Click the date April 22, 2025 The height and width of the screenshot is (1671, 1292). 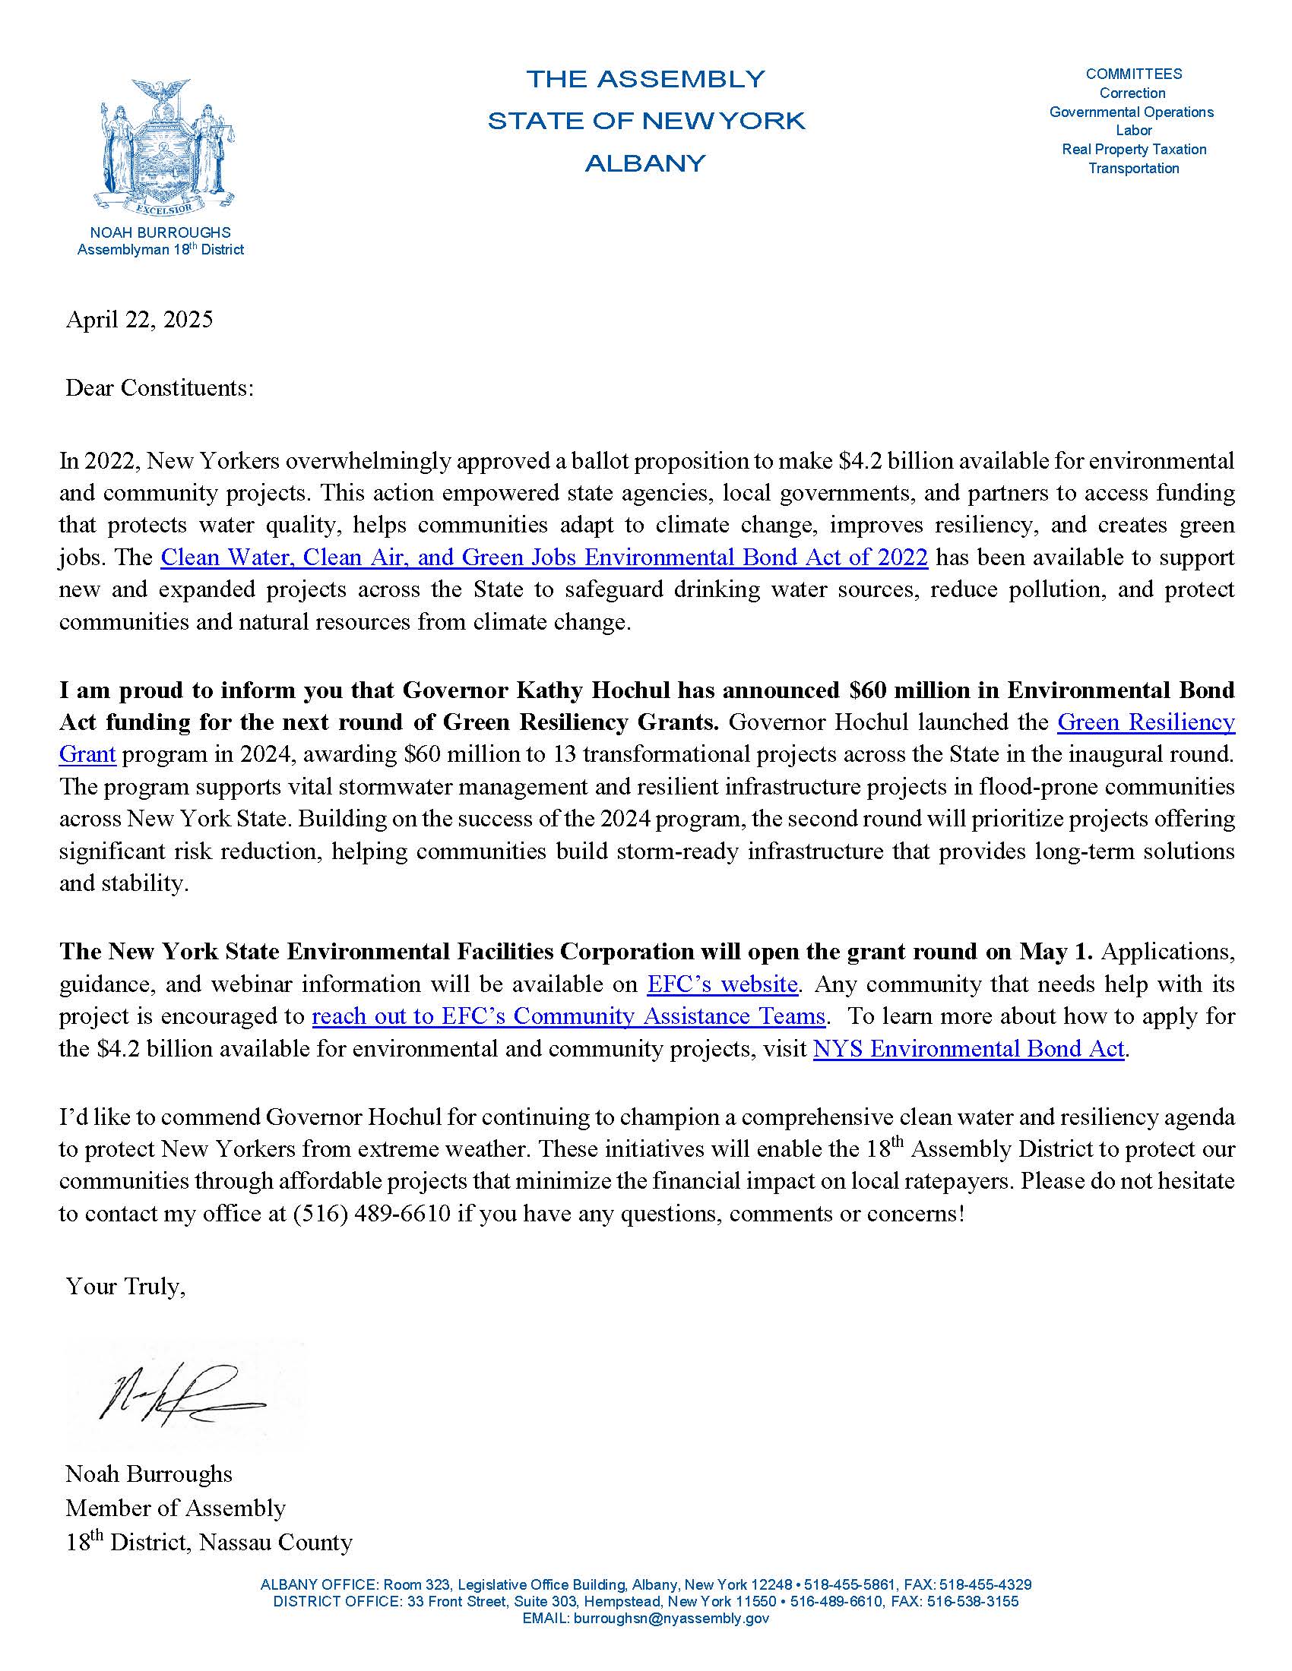[139, 319]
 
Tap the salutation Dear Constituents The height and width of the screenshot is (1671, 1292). [159, 388]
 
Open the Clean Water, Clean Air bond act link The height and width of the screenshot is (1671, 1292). [543, 557]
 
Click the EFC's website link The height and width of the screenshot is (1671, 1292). [722, 983]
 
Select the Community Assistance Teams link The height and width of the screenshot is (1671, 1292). [568, 1016]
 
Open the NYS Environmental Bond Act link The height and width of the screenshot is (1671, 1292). [968, 1047]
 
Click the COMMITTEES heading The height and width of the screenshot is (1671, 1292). [1134, 74]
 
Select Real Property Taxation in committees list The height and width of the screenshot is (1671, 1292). [1134, 149]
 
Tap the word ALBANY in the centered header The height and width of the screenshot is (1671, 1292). [645, 164]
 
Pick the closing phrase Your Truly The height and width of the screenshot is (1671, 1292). [125, 1286]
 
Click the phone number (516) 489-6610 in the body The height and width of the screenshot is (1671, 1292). [371, 1214]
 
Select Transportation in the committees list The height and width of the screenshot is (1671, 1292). [1134, 169]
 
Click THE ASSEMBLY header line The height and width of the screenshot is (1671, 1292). [645, 79]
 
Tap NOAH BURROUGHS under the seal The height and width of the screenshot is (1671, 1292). [160, 232]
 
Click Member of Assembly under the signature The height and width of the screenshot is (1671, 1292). [176, 1507]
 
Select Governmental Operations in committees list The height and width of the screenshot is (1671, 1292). [1132, 112]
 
